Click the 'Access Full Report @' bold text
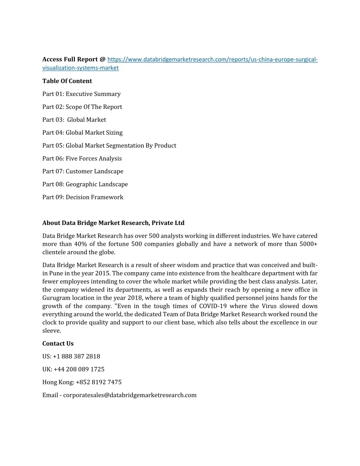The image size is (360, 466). [x=74, y=59]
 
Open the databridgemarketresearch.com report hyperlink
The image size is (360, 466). [x=212, y=59]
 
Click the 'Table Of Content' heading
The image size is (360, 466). [x=67, y=81]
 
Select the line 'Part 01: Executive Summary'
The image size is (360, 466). [x=82, y=94]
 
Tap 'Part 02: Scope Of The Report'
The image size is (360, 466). [x=82, y=107]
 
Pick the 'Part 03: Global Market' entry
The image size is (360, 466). [x=74, y=120]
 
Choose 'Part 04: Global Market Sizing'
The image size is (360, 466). [x=83, y=133]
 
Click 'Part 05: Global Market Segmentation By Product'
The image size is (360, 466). [x=109, y=146]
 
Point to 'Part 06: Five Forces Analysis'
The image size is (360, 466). [x=82, y=159]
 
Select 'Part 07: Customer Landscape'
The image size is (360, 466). [x=83, y=171]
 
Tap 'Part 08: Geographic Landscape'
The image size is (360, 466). [x=85, y=184]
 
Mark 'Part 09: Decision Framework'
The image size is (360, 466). [x=83, y=197]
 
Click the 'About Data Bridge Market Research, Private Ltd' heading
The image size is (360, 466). [x=113, y=223]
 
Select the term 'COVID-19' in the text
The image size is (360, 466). [x=213, y=306]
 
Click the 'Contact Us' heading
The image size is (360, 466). [x=58, y=344]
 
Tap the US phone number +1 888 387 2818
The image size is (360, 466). [x=77, y=357]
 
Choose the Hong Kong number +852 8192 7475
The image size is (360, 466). [x=98, y=382]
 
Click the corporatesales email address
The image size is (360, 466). [x=130, y=395]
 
